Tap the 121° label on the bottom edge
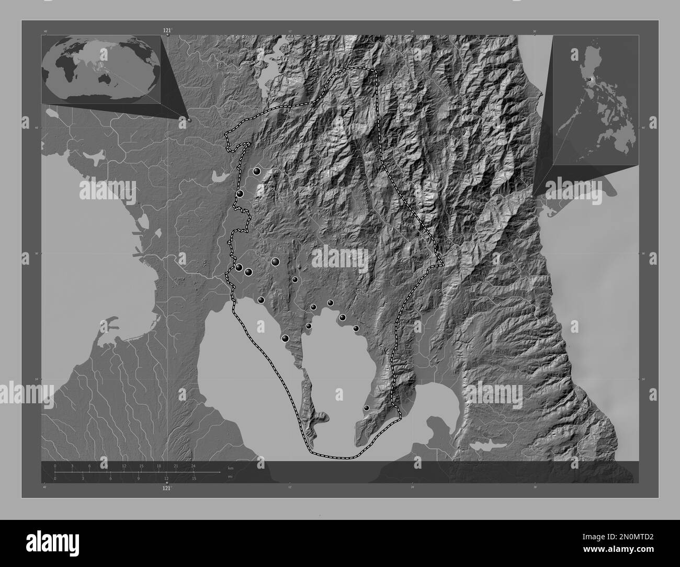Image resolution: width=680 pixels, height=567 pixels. tap(167, 487)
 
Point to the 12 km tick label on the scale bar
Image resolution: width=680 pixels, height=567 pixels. tap(124, 466)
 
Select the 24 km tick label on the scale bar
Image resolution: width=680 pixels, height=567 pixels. tap(193, 466)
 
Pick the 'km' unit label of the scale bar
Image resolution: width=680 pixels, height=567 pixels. tap(230, 468)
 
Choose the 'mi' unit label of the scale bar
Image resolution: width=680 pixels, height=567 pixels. tap(230, 477)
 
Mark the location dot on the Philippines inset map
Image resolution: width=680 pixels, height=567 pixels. tap(590, 79)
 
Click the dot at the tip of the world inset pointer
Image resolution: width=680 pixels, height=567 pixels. tap(189, 120)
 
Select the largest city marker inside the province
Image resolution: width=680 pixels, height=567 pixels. tap(275, 262)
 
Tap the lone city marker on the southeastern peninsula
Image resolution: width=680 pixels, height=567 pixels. tap(366, 408)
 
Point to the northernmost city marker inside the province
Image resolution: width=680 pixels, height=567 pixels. tap(256, 171)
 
